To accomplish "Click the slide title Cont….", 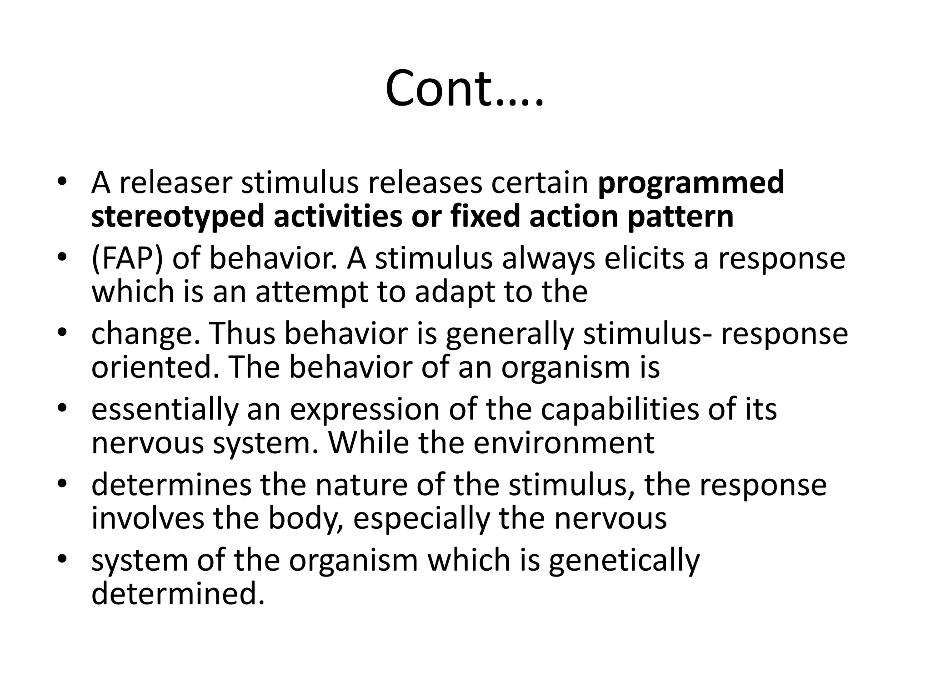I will (464, 89).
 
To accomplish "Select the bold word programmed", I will (691, 183).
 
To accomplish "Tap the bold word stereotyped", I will (177, 217).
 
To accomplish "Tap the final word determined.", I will (178, 593).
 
